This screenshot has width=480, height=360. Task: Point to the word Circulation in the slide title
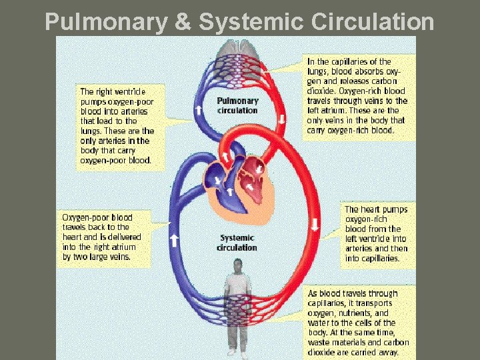372,23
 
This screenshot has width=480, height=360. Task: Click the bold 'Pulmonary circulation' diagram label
237,106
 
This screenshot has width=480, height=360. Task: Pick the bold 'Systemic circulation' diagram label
237,243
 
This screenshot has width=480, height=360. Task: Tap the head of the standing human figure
237,267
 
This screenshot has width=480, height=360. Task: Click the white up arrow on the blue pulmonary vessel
197,109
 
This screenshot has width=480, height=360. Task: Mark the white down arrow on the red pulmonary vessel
282,119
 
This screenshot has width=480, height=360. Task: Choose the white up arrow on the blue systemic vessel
174,238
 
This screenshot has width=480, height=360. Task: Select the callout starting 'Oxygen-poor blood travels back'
97,237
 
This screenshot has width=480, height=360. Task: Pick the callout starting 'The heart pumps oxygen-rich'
376,233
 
